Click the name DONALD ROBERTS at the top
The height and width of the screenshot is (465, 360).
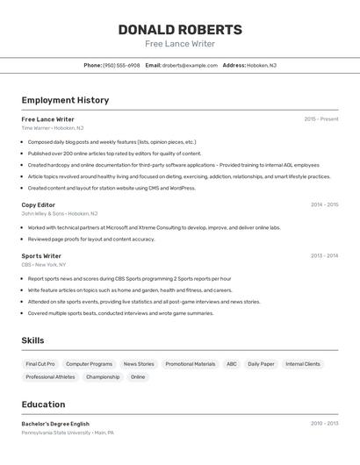(180, 29)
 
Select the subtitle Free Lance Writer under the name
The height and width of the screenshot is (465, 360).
(180, 44)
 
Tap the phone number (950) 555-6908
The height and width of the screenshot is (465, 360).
(121, 65)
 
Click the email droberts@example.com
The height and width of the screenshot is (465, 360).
(190, 65)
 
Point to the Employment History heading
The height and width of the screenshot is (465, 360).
(65, 100)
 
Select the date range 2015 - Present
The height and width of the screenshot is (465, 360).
(321, 118)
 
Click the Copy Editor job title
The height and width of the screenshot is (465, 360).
(39, 204)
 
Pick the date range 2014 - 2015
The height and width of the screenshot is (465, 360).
(324, 204)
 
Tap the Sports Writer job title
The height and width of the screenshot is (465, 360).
(41, 255)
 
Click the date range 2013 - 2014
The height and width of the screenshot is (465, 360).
(324, 255)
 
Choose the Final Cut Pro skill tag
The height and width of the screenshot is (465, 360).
(40, 363)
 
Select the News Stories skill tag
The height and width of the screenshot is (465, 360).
(139, 363)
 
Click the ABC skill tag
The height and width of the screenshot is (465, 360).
(231, 363)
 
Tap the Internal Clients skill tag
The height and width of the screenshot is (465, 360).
(303, 363)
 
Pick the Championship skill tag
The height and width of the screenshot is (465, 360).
(103, 376)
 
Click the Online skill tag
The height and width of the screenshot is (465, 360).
(138, 376)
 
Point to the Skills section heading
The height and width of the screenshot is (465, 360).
(32, 340)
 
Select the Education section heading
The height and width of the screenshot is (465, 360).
(43, 404)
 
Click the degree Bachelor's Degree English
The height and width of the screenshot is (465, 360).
(55, 424)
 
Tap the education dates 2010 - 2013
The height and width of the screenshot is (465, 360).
(324, 423)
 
